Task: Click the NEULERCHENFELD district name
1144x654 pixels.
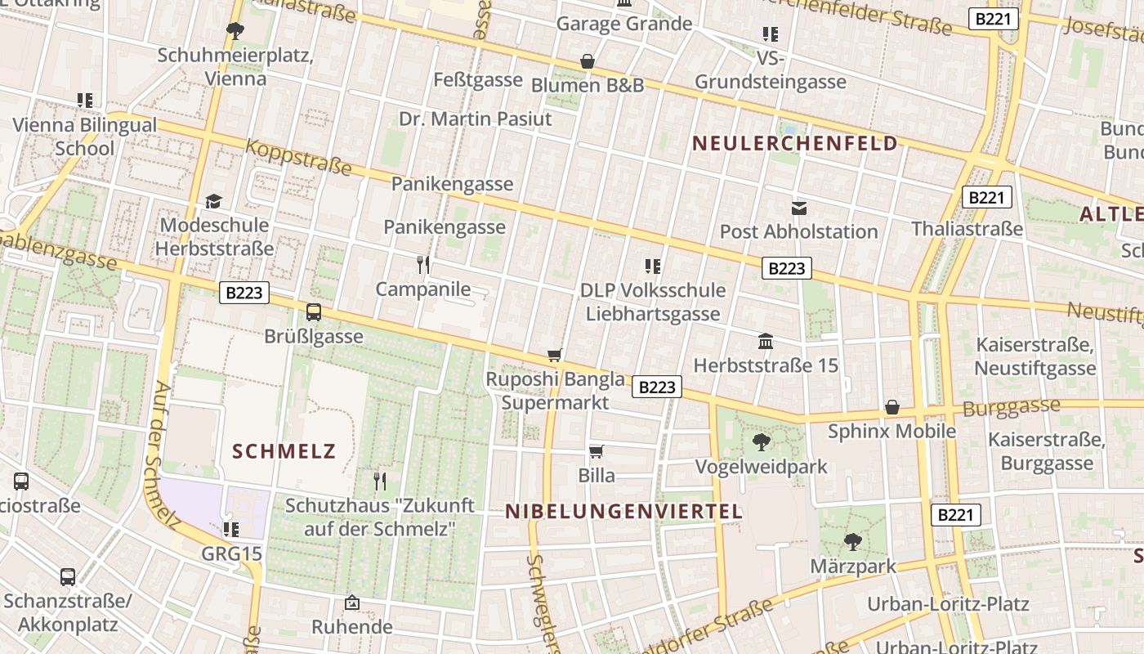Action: [x=794, y=143]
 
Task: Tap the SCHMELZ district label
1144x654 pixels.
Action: [x=284, y=451]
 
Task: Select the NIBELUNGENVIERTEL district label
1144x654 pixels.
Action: [x=623, y=512]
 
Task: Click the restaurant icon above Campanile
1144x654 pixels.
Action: [x=422, y=264]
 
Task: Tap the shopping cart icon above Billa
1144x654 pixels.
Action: [x=597, y=451]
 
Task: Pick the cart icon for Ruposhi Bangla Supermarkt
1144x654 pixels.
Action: [x=555, y=355]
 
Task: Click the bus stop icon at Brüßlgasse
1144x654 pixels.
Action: [x=314, y=311]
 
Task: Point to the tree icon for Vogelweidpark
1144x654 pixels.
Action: [x=761, y=442]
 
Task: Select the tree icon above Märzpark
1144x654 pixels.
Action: [x=852, y=541]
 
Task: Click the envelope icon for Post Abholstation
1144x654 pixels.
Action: [x=798, y=208]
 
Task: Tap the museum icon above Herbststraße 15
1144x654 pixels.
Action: [x=766, y=340]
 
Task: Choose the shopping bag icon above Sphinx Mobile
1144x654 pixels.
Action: [x=892, y=407]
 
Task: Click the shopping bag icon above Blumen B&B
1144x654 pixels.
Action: [x=587, y=61]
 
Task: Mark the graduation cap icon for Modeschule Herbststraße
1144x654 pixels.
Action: [x=213, y=201]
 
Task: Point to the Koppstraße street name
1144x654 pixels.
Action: [x=298, y=157]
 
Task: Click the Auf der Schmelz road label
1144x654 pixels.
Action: [x=165, y=454]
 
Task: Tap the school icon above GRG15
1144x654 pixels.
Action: [x=231, y=530]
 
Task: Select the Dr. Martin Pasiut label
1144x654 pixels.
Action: [x=475, y=119]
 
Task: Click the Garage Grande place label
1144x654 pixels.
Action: [x=623, y=24]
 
